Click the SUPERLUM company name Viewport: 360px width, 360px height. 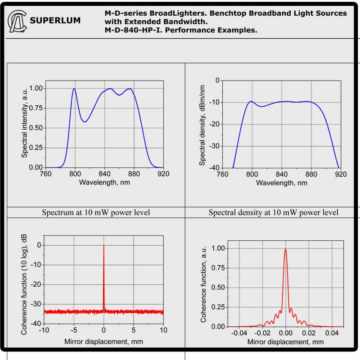point(55,20)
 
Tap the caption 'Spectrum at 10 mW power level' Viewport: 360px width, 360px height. point(96,212)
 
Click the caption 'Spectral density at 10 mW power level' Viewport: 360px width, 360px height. point(274,212)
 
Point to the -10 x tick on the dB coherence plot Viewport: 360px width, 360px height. point(44,331)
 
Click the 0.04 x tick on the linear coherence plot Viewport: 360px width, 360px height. point(332,333)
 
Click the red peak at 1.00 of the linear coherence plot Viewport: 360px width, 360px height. point(285,250)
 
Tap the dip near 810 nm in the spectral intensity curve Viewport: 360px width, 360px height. point(84,121)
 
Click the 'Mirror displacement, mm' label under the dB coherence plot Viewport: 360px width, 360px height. point(104,342)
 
